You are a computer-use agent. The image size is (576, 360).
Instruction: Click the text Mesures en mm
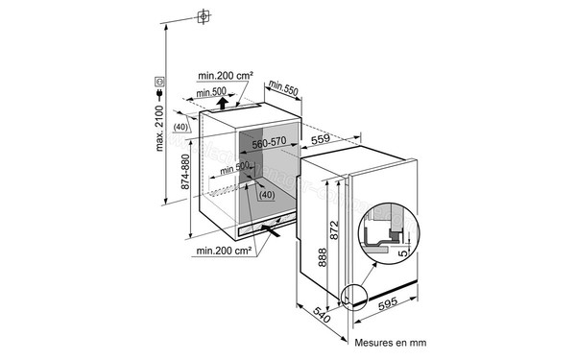point(391,341)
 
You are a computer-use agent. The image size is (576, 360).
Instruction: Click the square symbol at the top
point(203,17)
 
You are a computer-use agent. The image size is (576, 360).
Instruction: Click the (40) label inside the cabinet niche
point(265,195)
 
